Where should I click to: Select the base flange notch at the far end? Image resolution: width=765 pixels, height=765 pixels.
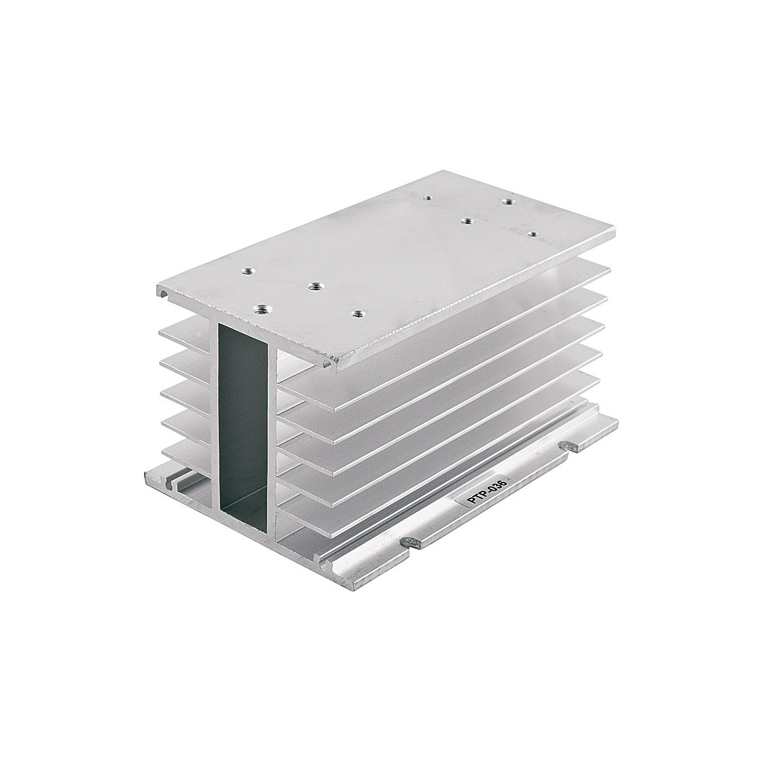(568, 445)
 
